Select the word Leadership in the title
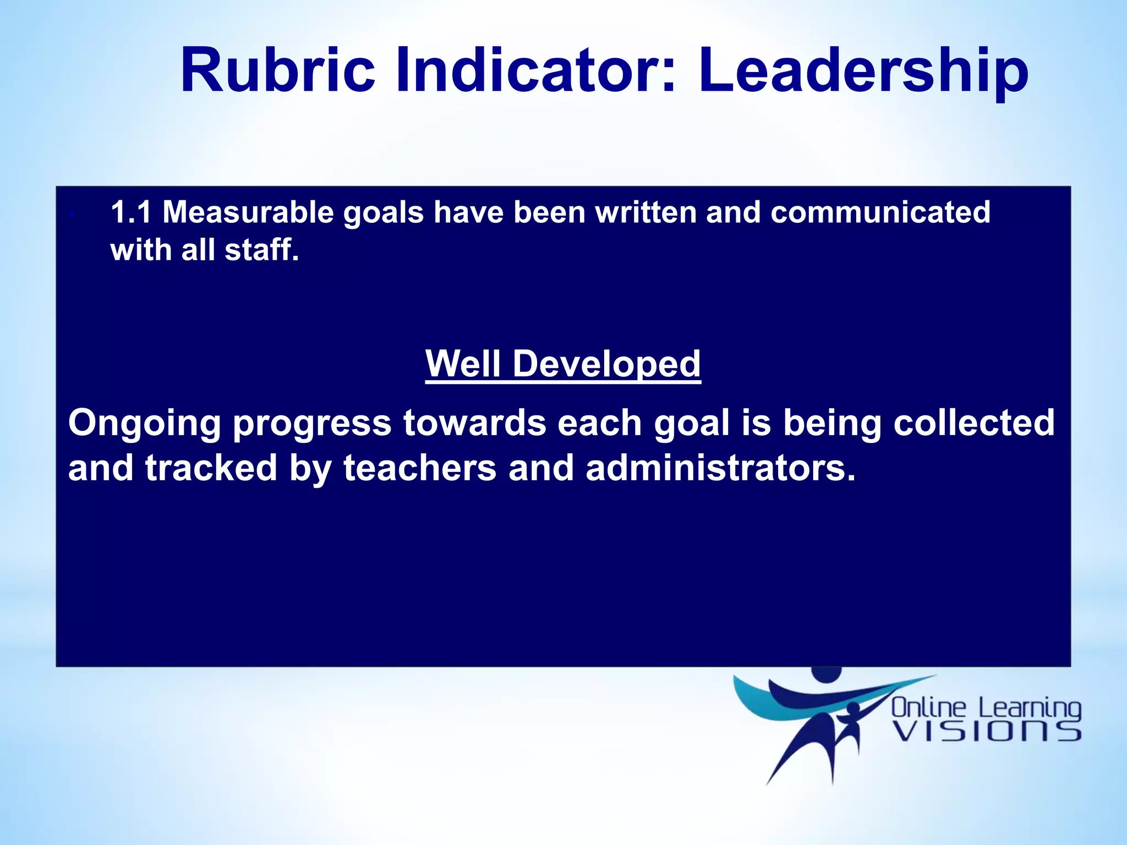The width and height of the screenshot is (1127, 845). click(863, 70)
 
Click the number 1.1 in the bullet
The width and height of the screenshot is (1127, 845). click(130, 212)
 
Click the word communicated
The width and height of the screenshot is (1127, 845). click(880, 212)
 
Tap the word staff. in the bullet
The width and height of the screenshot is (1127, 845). click(261, 250)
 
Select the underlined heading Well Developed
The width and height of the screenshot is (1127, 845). click(563, 364)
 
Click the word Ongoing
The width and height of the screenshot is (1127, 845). click(144, 424)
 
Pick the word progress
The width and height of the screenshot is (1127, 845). click(312, 424)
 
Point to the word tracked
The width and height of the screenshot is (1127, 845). click(211, 468)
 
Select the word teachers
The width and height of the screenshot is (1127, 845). click(420, 468)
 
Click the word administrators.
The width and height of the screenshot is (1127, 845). click(720, 468)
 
